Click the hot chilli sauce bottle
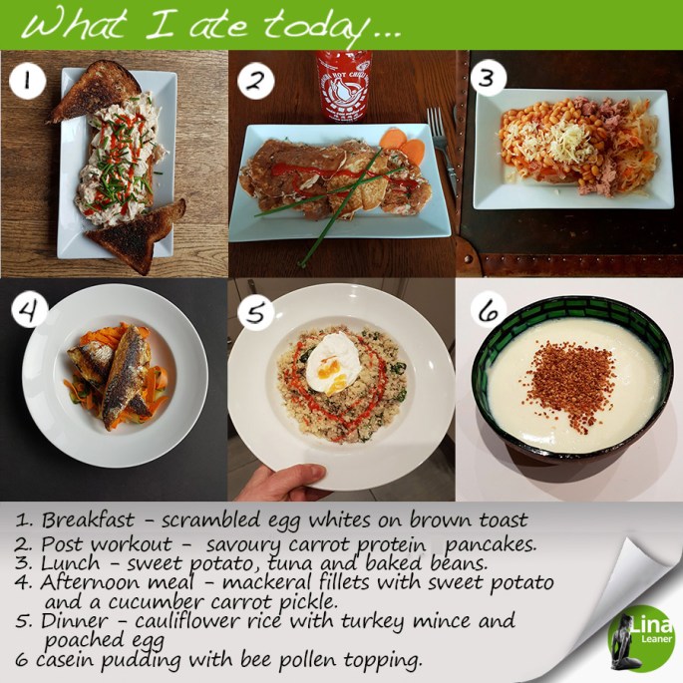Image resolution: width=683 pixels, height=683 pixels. click(x=344, y=86)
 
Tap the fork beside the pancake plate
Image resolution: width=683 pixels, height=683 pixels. click(x=442, y=149)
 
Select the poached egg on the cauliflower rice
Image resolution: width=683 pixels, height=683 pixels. click(x=333, y=363)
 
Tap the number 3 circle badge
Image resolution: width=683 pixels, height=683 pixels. click(x=488, y=79)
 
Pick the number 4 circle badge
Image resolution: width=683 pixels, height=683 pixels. click(x=29, y=310)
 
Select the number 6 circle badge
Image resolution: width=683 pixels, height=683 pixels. click(x=489, y=310)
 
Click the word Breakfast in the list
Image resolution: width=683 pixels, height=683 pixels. click(x=88, y=519)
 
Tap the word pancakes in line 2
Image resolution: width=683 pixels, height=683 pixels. click(x=492, y=545)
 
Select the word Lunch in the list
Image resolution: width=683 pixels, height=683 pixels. click(x=70, y=562)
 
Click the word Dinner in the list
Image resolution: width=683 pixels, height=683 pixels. click(x=74, y=621)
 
